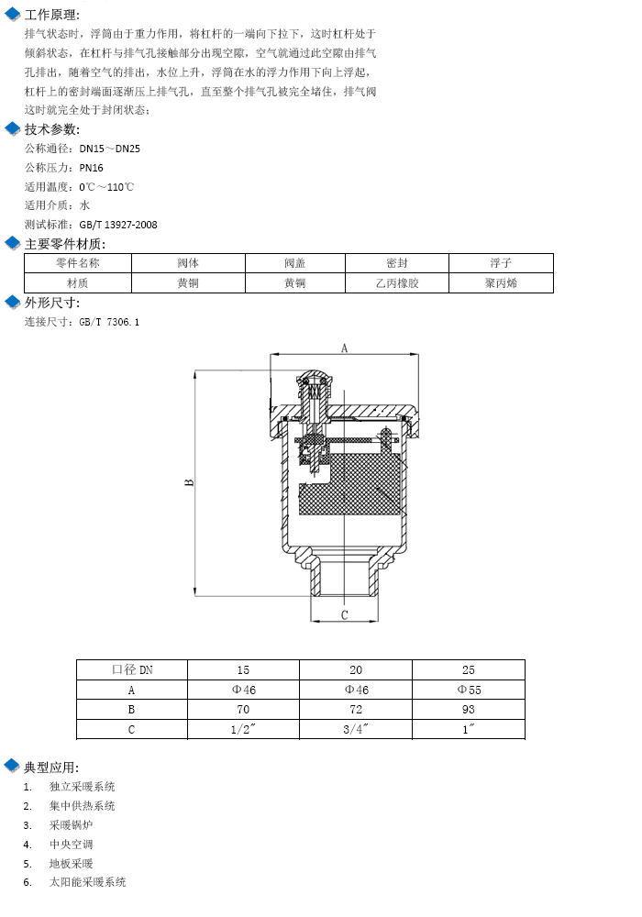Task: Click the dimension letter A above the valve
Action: pyautogui.click(x=345, y=348)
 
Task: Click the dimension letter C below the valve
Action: pyautogui.click(x=345, y=614)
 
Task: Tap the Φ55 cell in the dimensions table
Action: pyautogui.click(x=469, y=691)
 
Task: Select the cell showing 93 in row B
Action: pyautogui.click(x=469, y=710)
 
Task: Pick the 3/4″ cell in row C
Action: pyautogui.click(x=356, y=729)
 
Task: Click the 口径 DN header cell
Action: pyautogui.click(x=132, y=669)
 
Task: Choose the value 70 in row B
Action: pyautogui.click(x=243, y=710)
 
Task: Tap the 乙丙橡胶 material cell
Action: pyautogui.click(x=397, y=283)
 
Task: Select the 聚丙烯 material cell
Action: pyautogui.click(x=501, y=283)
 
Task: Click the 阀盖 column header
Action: pyautogui.click(x=295, y=263)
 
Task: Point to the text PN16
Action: pyautogui.click(x=91, y=168)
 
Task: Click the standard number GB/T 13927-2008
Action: pyautogui.click(x=118, y=225)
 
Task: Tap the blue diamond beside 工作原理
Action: pyautogui.click(x=12, y=14)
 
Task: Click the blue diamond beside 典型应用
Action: pyautogui.click(x=12, y=766)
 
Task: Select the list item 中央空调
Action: pyautogui.click(x=71, y=844)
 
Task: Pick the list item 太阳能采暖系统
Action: pyautogui.click(x=88, y=882)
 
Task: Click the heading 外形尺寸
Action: pyautogui.click(x=52, y=303)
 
